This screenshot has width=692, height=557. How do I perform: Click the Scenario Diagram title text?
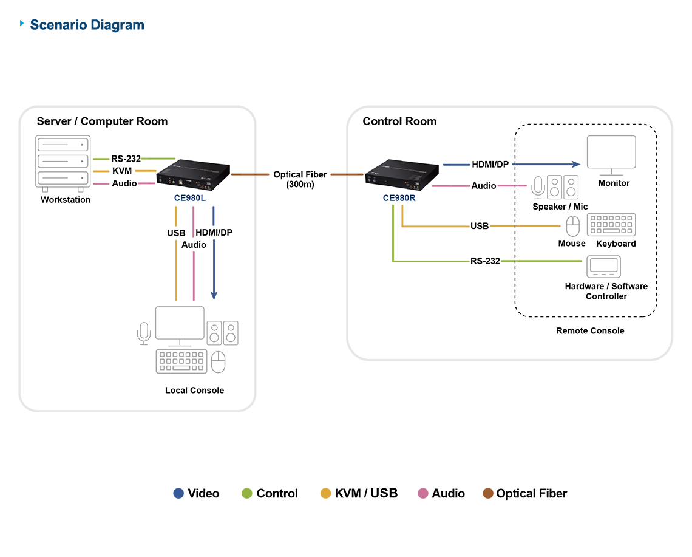[87, 25]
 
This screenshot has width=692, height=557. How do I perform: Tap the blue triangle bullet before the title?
[23, 24]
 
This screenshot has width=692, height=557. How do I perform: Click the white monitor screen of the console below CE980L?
[180, 323]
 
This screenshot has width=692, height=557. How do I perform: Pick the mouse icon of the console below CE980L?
[144, 330]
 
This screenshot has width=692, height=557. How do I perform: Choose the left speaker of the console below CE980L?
[215, 333]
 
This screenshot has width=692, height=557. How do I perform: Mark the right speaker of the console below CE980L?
[231, 333]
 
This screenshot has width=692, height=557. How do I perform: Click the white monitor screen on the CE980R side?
[611, 151]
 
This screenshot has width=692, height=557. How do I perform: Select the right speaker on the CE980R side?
[571, 187]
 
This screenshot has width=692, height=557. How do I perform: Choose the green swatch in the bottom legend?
[242, 484]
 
